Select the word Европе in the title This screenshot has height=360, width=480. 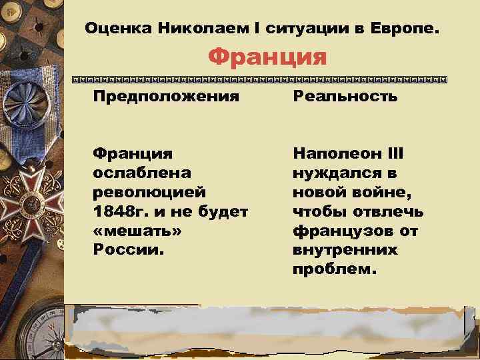click(407, 30)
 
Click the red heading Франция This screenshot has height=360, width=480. click(267, 57)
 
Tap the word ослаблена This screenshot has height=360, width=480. click(142, 173)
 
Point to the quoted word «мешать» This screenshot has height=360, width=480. click(137, 231)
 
